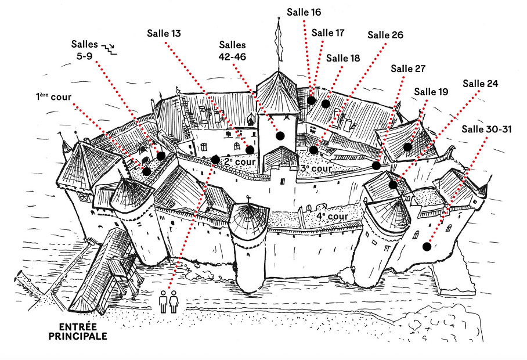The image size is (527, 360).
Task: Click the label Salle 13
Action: pyautogui.click(x=164, y=34)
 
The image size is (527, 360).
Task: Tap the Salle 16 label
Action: pyautogui.click(x=304, y=12)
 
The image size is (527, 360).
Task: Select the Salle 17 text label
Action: pyautogui.click(x=328, y=33)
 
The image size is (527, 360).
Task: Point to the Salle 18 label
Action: pyautogui.click(x=343, y=58)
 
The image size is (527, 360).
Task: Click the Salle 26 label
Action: pyautogui.click(x=385, y=35)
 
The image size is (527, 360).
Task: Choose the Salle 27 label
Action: pyautogui.click(x=408, y=69)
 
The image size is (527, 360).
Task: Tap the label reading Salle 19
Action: pyautogui.click(x=431, y=92)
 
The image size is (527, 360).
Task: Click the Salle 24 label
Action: pyautogui.click(x=481, y=84)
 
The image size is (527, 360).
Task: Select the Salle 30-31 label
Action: pyautogui.click(x=486, y=129)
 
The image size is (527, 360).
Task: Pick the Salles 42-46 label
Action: pyautogui.click(x=232, y=51)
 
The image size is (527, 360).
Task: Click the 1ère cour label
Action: pyautogui.click(x=53, y=96)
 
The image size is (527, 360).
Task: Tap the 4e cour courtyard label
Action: pyautogui.click(x=333, y=216)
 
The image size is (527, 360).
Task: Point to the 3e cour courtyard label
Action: pyautogui.click(x=316, y=168)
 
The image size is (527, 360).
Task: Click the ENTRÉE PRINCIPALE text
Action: pyautogui.click(x=78, y=331)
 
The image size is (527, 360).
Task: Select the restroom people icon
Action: pyautogui.click(x=168, y=302)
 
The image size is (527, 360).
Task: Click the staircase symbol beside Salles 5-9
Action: pyautogui.click(x=109, y=49)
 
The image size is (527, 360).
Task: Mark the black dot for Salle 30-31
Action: pyautogui.click(x=427, y=247)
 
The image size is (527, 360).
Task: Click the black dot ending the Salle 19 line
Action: pyautogui.click(x=407, y=147)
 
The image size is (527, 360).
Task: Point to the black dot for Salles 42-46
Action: pyautogui.click(x=280, y=136)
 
